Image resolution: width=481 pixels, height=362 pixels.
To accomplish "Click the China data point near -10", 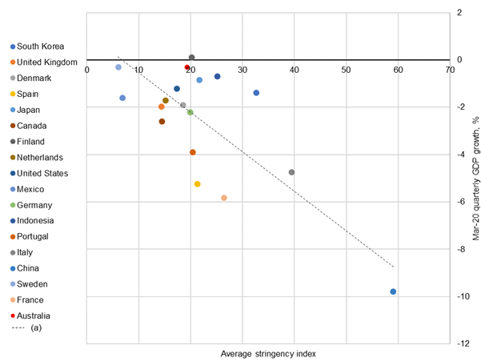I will pyautogui.click(x=393, y=292).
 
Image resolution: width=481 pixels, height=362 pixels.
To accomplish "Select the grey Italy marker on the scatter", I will pyautogui.click(x=291, y=172).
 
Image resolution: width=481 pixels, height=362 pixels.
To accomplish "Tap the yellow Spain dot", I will pyautogui.click(x=198, y=184).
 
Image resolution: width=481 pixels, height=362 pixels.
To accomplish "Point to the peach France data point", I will pyautogui.click(x=224, y=198).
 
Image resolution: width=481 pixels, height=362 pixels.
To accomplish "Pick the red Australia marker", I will pyautogui.click(x=187, y=67).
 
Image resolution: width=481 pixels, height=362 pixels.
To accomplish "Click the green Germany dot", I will pyautogui.click(x=190, y=112).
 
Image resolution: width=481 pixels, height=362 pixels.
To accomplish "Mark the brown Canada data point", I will pyautogui.click(x=162, y=122).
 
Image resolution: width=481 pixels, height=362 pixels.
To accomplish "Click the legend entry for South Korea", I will pyautogui.click(x=40, y=46).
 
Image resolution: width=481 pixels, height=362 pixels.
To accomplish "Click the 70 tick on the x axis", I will pyautogui.click(x=451, y=70).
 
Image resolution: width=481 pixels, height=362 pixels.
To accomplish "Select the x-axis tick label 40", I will pyautogui.click(x=295, y=70).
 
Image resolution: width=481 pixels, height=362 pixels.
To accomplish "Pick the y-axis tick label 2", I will pyautogui.click(x=459, y=13).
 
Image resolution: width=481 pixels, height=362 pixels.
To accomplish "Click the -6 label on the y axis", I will pyautogui.click(x=461, y=202).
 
